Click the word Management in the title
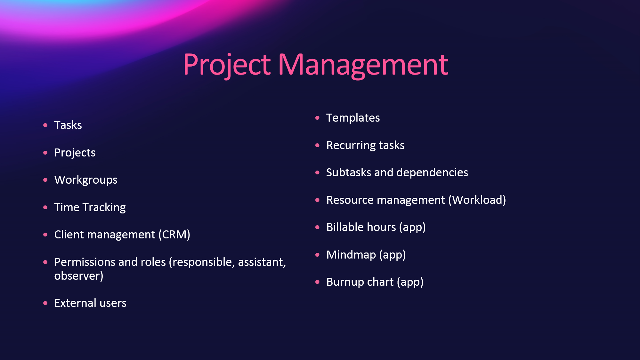[363, 65]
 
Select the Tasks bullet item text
[68, 125]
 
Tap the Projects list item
[75, 153]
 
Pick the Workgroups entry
[86, 180]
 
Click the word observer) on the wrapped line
[79, 276]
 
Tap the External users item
[90, 303]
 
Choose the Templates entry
[353, 118]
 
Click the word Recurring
[351, 146]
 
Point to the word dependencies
[432, 173]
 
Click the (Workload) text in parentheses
[477, 200]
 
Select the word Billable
[345, 227]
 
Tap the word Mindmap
[351, 255]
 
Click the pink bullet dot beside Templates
[317, 118]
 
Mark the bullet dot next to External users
[45, 303]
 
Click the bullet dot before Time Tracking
[45, 207]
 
